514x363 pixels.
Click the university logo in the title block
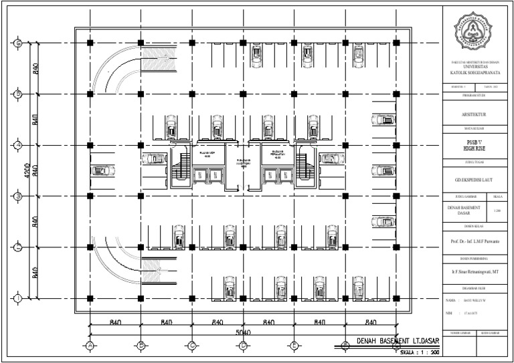click(477, 30)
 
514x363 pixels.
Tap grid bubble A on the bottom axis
click(89, 345)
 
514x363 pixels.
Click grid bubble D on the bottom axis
click(243, 345)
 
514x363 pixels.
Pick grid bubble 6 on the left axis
click(19, 43)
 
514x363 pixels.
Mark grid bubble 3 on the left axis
click(19, 196)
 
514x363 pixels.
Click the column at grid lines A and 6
click(90, 43)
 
